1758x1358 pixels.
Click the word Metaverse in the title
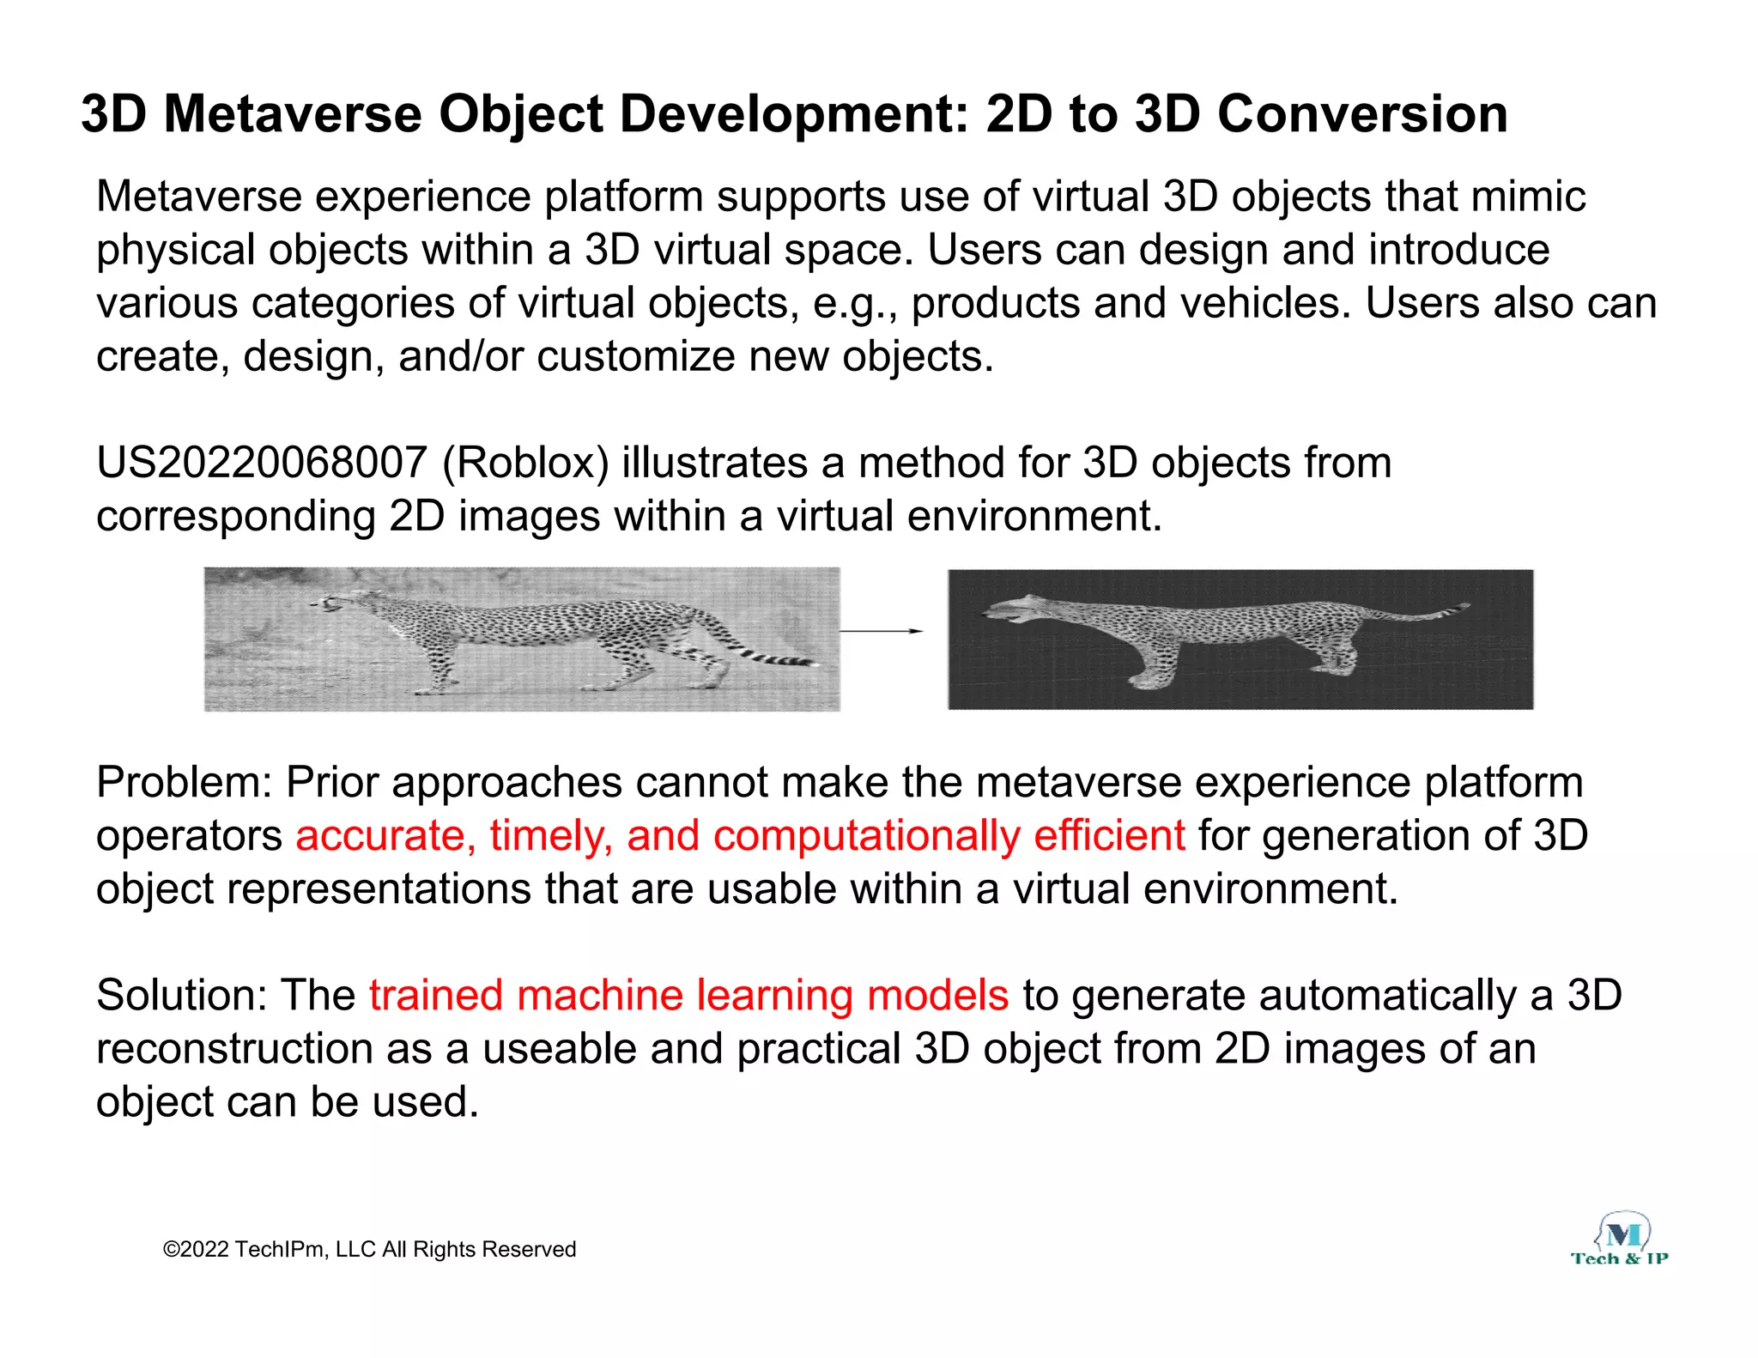(x=292, y=114)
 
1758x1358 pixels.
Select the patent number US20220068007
(x=261, y=464)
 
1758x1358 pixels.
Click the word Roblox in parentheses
(x=524, y=464)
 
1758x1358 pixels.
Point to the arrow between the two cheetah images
(x=881, y=631)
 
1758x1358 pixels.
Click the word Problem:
(x=184, y=783)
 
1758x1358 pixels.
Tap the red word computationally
(x=866, y=836)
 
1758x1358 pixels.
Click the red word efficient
(x=1109, y=836)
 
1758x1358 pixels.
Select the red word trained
(x=435, y=996)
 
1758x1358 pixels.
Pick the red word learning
(x=774, y=996)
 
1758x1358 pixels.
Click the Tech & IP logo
(x=1620, y=1241)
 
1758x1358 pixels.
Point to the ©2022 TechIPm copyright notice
(x=369, y=1249)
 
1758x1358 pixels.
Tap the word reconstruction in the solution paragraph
(x=233, y=1049)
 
